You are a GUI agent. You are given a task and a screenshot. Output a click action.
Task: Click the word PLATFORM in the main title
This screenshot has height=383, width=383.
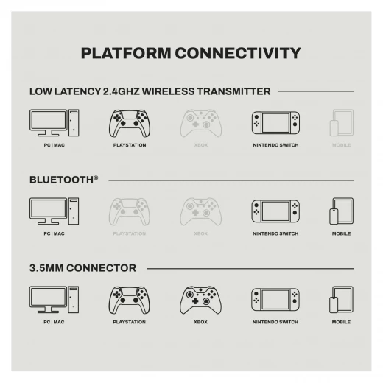[x=126, y=53]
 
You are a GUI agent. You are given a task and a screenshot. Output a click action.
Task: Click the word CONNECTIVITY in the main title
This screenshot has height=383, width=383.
[x=238, y=53]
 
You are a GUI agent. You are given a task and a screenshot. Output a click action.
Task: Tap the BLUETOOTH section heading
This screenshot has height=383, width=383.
[x=64, y=180]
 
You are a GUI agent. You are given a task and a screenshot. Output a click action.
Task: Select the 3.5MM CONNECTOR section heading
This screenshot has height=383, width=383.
[x=82, y=268]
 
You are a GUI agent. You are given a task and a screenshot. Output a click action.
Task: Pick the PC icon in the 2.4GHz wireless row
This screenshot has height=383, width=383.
[x=55, y=123]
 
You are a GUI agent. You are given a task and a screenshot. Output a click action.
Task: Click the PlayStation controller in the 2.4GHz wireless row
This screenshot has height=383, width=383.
[x=130, y=124]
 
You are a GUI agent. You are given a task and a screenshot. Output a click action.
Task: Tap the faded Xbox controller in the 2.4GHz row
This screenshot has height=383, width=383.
[x=201, y=123]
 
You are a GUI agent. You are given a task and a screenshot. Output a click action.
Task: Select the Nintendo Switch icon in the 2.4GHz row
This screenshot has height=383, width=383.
[x=275, y=123]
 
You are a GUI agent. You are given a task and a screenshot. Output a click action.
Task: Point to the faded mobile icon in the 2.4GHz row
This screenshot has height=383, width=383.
[x=341, y=123]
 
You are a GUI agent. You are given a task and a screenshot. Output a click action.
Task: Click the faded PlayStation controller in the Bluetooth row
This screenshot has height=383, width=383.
[x=130, y=212]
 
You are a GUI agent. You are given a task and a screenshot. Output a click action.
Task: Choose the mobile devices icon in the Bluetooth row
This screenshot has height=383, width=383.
[x=341, y=211]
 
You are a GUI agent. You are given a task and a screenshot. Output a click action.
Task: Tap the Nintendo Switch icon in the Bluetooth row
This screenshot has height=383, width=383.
[x=275, y=211]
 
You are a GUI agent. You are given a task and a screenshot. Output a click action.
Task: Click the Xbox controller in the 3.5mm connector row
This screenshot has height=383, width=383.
[x=200, y=300]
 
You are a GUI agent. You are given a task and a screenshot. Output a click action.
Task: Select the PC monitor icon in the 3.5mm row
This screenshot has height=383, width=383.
[x=54, y=300]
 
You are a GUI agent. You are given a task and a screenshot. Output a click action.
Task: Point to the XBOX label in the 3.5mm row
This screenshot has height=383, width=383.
[x=200, y=322]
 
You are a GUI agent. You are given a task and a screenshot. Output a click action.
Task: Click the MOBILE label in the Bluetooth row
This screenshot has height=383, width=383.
[x=341, y=233]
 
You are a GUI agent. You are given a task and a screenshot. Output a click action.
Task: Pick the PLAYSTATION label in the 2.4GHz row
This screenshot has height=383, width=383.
[x=130, y=145]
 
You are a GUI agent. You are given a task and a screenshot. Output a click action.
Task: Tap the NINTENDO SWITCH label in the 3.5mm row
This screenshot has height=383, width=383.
[x=275, y=322]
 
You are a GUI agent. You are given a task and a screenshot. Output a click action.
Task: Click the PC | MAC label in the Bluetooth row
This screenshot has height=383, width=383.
[x=54, y=233]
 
